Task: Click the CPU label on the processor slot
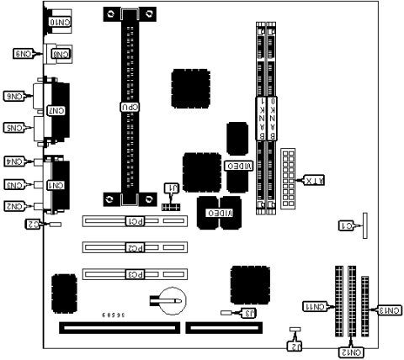127,108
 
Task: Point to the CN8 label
61,54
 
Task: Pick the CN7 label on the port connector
56,110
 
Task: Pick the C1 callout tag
346,225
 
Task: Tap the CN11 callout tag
314,308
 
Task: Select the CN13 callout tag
388,310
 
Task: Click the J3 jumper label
247,313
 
